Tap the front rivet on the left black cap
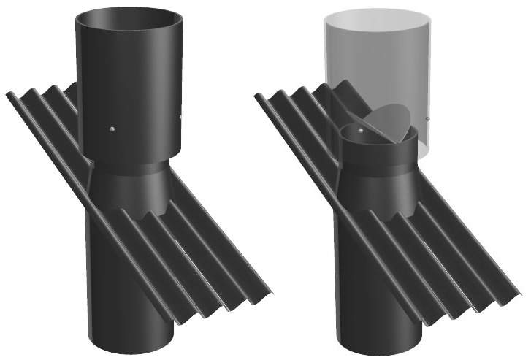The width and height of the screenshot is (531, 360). click(111, 130)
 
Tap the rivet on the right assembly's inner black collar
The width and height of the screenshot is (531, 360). click(359, 130)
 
